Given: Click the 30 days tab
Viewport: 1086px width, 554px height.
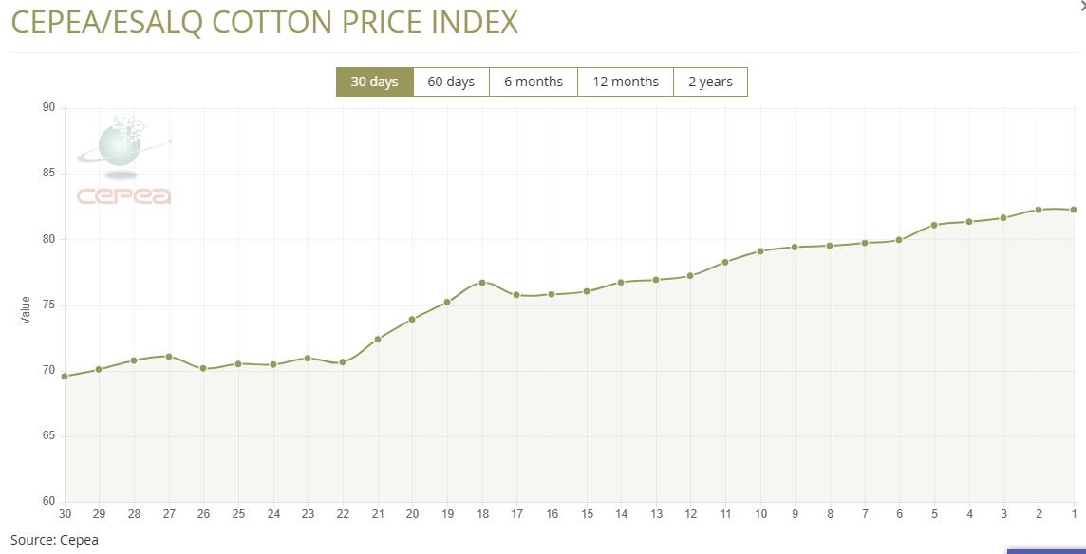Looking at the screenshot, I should (x=374, y=82).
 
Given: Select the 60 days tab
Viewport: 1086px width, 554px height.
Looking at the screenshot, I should (x=451, y=82).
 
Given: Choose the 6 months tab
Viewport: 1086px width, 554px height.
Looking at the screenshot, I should (x=534, y=82).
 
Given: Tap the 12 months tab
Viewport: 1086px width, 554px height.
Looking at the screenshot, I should (x=626, y=82).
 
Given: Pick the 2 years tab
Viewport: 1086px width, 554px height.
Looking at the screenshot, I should (x=710, y=82).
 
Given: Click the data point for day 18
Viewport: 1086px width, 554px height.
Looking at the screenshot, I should (x=482, y=283).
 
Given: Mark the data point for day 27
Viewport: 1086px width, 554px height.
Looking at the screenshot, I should (x=169, y=357).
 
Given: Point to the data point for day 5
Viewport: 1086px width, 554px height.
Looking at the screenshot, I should (x=934, y=225).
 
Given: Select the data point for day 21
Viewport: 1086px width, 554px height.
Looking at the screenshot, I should (x=378, y=339).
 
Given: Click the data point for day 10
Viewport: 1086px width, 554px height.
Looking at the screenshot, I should (x=760, y=251).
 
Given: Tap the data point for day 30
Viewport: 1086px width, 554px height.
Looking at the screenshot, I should (x=65, y=377).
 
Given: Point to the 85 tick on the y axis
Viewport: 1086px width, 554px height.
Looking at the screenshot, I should (x=48, y=174).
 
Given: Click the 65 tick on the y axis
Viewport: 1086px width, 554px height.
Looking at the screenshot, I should (x=48, y=436).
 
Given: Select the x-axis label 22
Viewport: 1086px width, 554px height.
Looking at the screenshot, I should (x=343, y=514).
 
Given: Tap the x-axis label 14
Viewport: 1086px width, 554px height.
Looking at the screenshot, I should (x=621, y=514).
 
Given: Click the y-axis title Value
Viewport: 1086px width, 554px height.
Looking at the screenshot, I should (x=26, y=309).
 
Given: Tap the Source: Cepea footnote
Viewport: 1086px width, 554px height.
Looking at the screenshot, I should (x=54, y=540).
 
